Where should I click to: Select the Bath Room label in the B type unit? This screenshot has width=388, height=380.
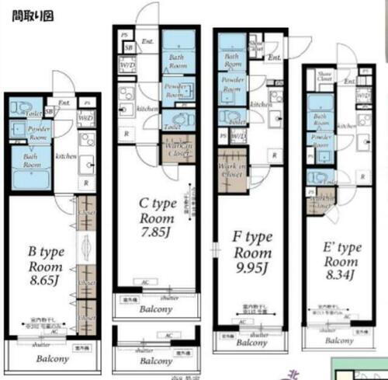point(33,161)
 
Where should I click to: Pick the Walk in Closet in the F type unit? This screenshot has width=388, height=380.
point(231,172)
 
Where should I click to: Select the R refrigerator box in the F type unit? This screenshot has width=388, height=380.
point(274,155)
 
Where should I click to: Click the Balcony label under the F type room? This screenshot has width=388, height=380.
point(251,343)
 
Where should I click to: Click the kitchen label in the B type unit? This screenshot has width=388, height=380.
point(65,156)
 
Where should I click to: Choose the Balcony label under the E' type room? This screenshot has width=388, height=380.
point(339,340)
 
